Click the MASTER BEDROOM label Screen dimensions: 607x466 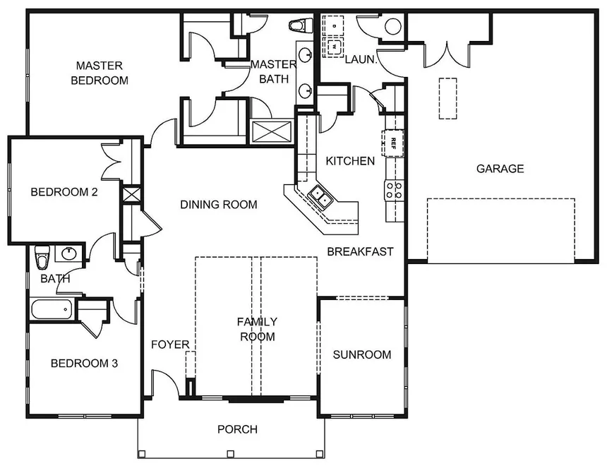click(x=100, y=73)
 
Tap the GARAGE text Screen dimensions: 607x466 click(x=500, y=169)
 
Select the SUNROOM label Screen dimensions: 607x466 click(x=362, y=354)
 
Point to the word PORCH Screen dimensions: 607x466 click(x=237, y=429)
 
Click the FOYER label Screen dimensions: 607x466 click(x=170, y=345)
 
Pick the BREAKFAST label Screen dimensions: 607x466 click(x=360, y=251)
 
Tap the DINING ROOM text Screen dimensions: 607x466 click(x=219, y=204)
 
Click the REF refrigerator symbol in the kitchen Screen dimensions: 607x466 click(x=393, y=143)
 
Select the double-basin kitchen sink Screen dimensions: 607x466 click(x=321, y=196)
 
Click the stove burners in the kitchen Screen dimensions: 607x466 click(x=395, y=190)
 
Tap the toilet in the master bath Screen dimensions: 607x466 click(x=301, y=25)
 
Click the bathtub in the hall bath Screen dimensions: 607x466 click(x=52, y=309)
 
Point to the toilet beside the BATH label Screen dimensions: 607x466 click(x=42, y=257)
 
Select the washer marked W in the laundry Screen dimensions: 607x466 click(x=333, y=47)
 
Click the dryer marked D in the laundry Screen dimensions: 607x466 click(x=333, y=26)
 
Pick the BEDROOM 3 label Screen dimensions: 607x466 click(x=84, y=363)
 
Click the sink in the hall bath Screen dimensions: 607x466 click(x=69, y=254)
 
